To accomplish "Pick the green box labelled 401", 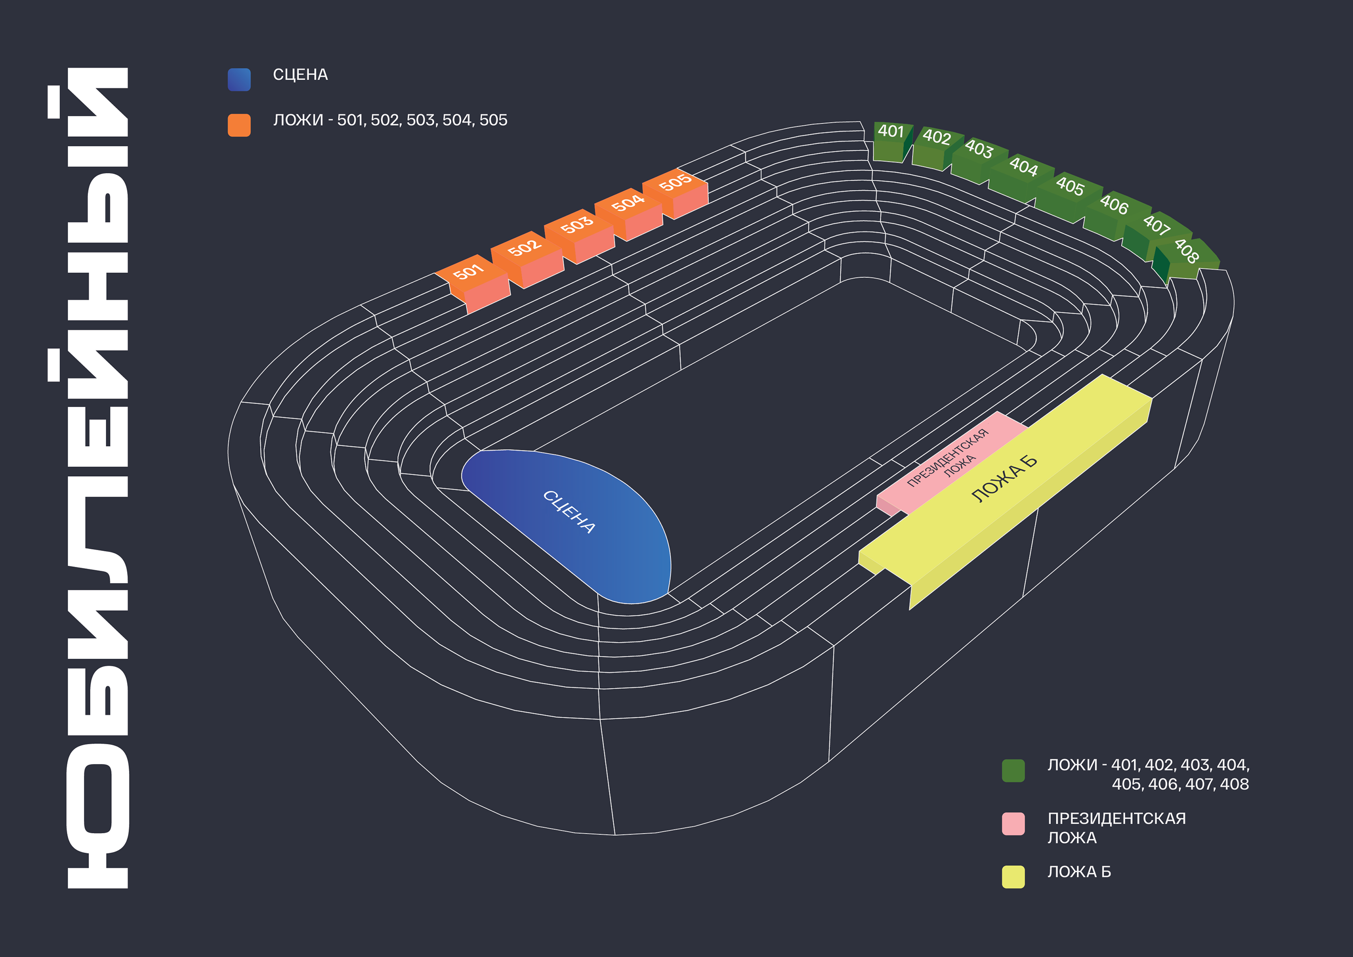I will pyautogui.click(x=891, y=140).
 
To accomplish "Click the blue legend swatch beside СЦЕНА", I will pyautogui.click(x=239, y=80).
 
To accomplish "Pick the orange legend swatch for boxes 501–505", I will pyautogui.click(x=239, y=125).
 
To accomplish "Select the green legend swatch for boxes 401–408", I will pyautogui.click(x=1013, y=771).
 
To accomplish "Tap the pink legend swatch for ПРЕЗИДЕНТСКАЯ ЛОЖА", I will pyautogui.click(x=1013, y=824).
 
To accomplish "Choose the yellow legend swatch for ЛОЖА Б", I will pyautogui.click(x=1013, y=877).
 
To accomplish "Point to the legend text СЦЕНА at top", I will pyautogui.click(x=300, y=75).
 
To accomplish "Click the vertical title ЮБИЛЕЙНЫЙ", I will pyautogui.click(x=97, y=478).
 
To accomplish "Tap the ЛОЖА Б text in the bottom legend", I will pyautogui.click(x=1079, y=872).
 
